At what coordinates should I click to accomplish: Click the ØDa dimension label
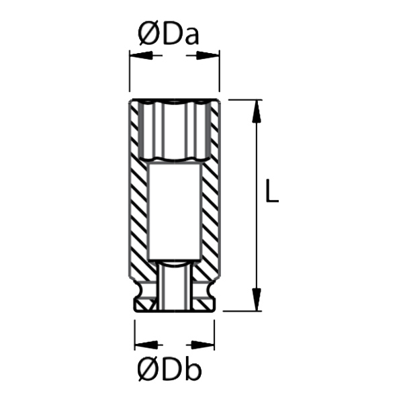coord(169,34)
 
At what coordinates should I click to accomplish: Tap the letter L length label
coord(272,191)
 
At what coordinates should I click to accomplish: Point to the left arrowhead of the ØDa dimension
coord(141,55)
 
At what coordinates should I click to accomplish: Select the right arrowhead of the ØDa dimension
coord(208,55)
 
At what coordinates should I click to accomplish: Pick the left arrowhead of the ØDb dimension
coord(146,345)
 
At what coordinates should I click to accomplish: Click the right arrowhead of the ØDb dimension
coord(203,345)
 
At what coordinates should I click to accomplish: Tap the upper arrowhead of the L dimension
coord(257,111)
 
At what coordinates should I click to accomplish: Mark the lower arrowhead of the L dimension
coord(257,300)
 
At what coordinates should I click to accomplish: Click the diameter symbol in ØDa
coord(149,34)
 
